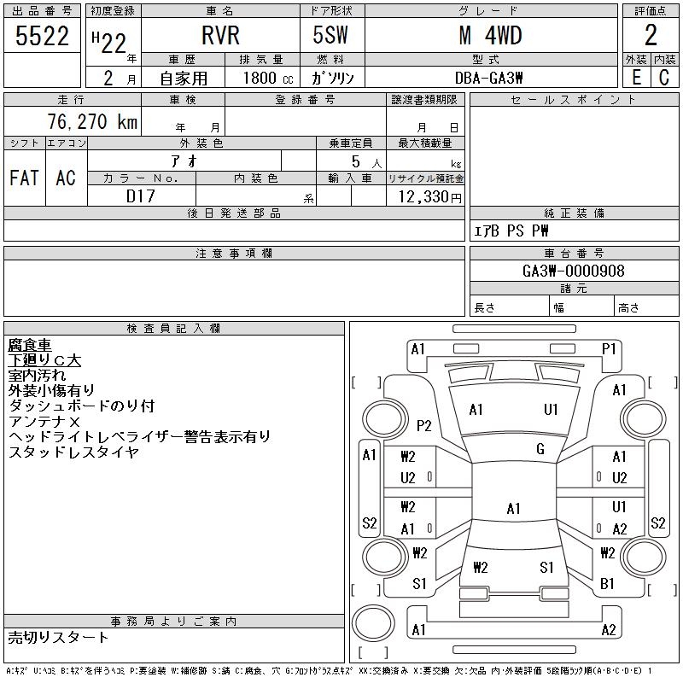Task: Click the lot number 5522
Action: [x=43, y=35]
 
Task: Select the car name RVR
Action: [x=220, y=35]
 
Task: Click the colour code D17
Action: [x=141, y=196]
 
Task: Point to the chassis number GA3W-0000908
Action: [x=574, y=271]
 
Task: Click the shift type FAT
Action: [x=24, y=178]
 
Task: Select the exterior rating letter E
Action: [x=635, y=77]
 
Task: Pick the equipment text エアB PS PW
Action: [x=511, y=231]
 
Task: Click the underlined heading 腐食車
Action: [x=30, y=345]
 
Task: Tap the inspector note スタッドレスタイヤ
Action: [x=73, y=452]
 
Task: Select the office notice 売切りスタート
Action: [x=59, y=637]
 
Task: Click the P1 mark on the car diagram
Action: [x=609, y=348]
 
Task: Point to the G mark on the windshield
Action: [x=540, y=449]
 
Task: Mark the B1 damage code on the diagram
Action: [x=608, y=584]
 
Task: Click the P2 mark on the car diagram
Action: [x=423, y=425]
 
